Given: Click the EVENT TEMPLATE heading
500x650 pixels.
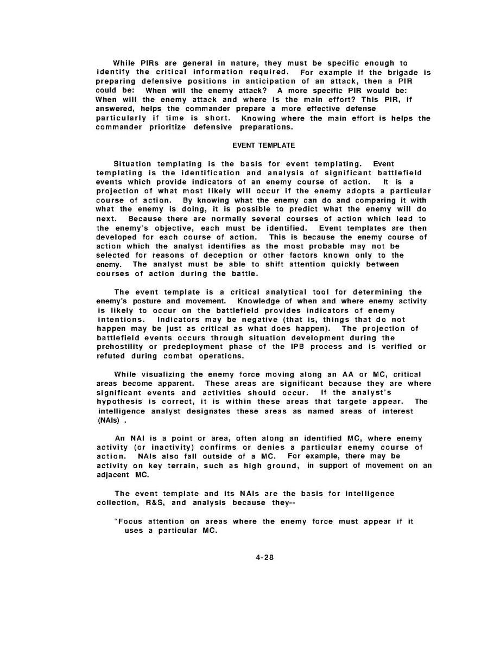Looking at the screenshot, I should point(263,145).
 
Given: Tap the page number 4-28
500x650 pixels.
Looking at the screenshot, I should point(263,558).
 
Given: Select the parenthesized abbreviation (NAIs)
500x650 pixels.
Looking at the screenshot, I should point(110,420).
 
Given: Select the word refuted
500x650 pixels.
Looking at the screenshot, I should point(111,356).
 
